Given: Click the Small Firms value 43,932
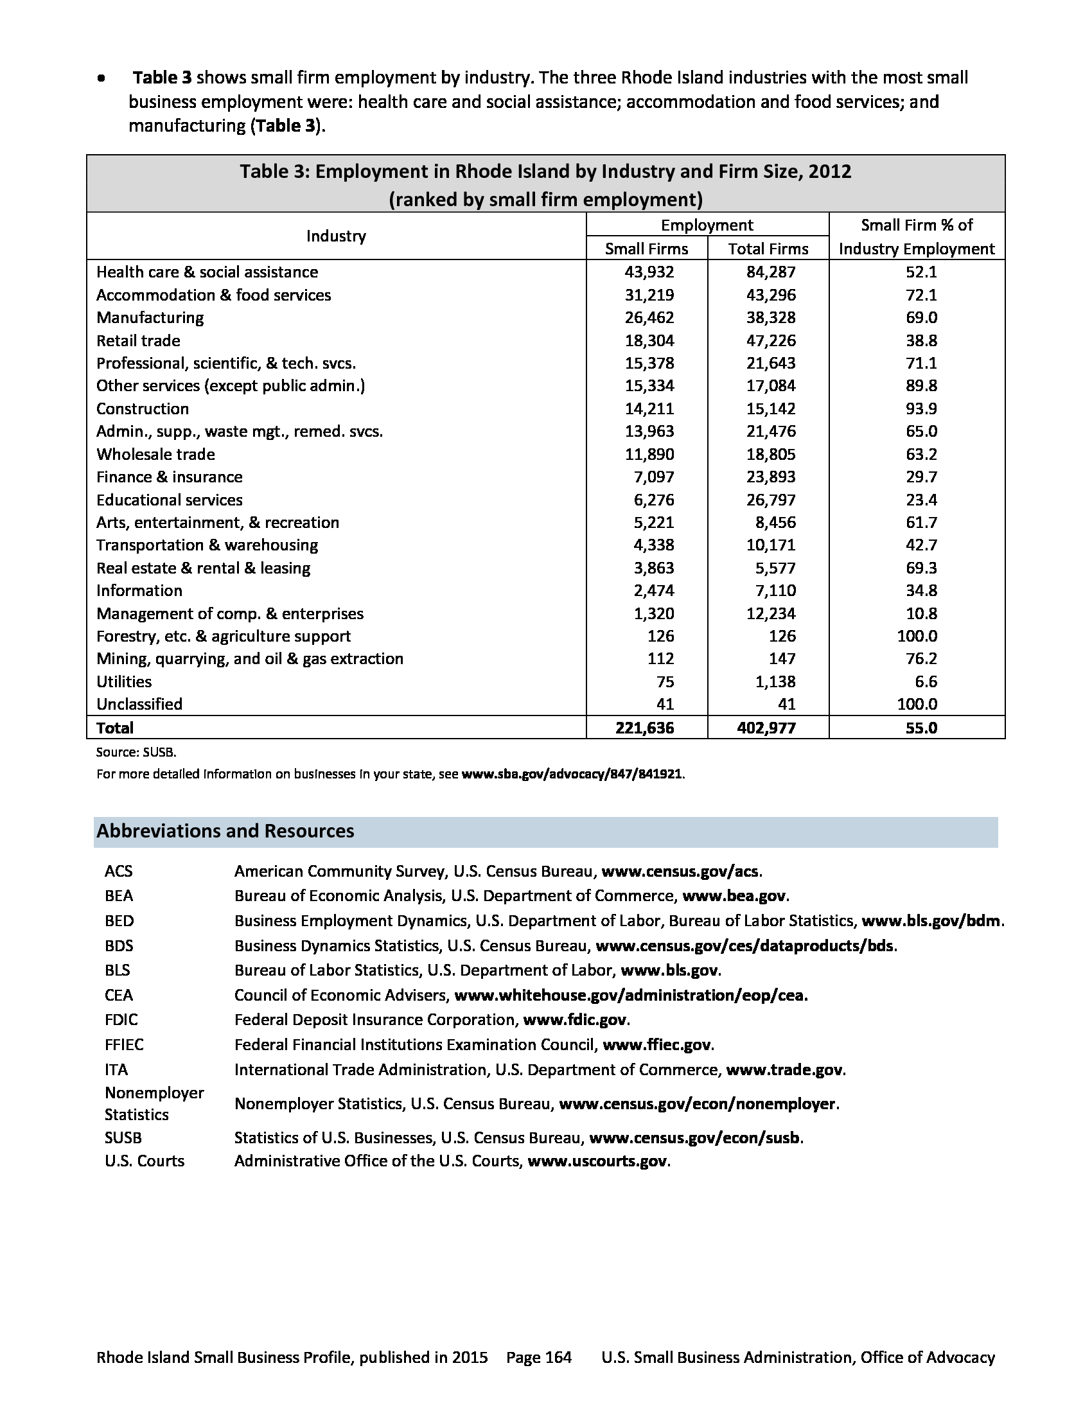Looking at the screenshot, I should click(x=649, y=272).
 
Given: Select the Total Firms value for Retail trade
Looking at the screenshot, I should click(x=770, y=341).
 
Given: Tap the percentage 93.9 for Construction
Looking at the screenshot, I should click(x=921, y=409).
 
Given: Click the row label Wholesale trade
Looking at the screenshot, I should click(x=155, y=454).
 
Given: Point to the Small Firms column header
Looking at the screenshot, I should click(x=646, y=249).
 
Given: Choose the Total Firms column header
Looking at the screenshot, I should click(x=768, y=249).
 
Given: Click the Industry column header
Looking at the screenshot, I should click(x=336, y=236).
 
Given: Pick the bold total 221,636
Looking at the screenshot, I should click(x=644, y=728).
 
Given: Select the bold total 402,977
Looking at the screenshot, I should click(x=766, y=728).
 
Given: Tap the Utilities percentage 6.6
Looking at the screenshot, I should click(x=926, y=682).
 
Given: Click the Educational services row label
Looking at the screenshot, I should click(x=169, y=500).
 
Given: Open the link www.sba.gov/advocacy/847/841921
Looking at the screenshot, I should click(x=571, y=774).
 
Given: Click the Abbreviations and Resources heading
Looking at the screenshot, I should click(x=225, y=831).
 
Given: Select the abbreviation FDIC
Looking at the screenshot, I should click(x=121, y=1021).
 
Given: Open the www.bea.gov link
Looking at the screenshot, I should click(x=734, y=896).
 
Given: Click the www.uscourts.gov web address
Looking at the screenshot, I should click(x=597, y=1161).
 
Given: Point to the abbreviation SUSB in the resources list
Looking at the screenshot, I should click(x=123, y=1138).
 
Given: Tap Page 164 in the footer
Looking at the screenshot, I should click(x=539, y=1357).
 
